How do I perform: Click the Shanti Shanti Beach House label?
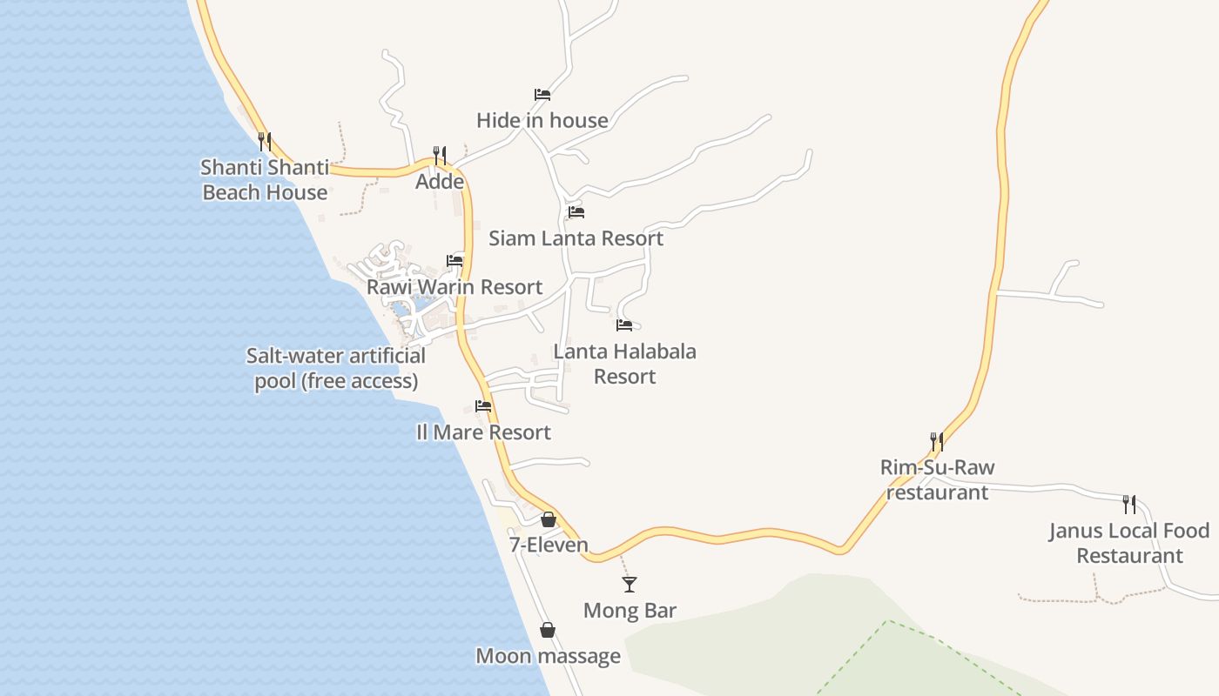(x=265, y=179)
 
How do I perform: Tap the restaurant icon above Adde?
(x=440, y=155)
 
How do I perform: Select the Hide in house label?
(x=542, y=120)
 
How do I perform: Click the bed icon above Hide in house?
(x=542, y=94)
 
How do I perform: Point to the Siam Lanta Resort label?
(x=576, y=238)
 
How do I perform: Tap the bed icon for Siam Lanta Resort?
(x=576, y=211)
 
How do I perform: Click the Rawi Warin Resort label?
(x=454, y=286)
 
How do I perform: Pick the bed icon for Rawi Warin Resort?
(x=455, y=260)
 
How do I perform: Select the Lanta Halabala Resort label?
(x=624, y=364)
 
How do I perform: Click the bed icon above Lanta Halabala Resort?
(x=624, y=325)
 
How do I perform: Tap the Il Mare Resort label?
(x=483, y=432)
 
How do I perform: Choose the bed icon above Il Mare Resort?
(x=483, y=405)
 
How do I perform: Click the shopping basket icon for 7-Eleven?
(x=549, y=519)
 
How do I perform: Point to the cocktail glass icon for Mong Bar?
(x=630, y=584)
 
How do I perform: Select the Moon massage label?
(x=548, y=655)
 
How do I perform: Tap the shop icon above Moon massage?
(x=548, y=630)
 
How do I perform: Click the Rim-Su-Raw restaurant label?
(x=937, y=479)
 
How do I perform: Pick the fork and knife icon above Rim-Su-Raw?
(x=937, y=441)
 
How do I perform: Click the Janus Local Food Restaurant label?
(x=1129, y=543)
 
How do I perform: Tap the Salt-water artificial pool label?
(x=336, y=368)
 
